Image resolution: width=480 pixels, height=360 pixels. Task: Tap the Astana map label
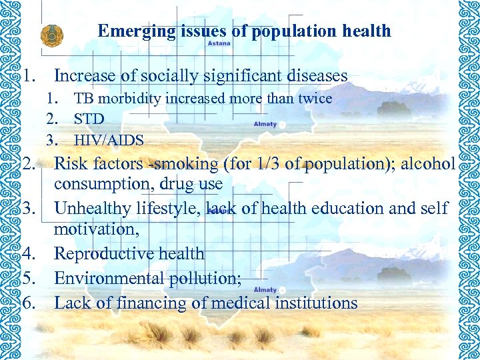(x=219, y=43)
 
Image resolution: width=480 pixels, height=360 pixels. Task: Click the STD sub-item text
(x=89, y=119)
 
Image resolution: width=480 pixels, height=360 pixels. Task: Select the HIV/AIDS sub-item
(x=109, y=140)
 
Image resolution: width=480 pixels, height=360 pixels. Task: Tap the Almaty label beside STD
(x=265, y=125)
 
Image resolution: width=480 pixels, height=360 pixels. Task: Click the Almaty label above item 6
(x=265, y=290)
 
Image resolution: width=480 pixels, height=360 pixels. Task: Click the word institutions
(x=318, y=303)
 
